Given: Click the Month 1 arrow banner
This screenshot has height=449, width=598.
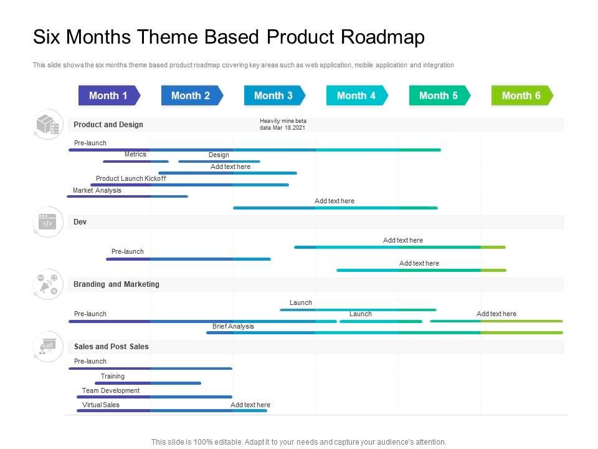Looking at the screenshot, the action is (110, 95).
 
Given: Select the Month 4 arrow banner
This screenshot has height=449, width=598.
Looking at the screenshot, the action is (358, 95).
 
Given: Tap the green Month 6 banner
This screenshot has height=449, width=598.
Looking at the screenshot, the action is (523, 95).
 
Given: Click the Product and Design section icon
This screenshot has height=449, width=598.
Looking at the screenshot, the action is (48, 125).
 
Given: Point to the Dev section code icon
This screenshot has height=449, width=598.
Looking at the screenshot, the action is (48, 222).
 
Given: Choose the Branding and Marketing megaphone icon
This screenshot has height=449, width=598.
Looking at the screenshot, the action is (48, 284).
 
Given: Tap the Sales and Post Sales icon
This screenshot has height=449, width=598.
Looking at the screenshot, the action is (48, 347).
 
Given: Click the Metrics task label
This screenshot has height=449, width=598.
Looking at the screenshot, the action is (135, 154).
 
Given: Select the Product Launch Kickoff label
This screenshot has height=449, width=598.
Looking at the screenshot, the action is (131, 178).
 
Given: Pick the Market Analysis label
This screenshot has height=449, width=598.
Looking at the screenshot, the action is (97, 190).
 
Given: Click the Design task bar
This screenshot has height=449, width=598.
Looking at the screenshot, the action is (219, 162).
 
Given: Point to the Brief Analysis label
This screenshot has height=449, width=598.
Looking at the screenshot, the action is (233, 326).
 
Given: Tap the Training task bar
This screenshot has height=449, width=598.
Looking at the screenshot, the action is (148, 383).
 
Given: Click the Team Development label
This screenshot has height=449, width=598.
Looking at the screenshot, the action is (111, 390).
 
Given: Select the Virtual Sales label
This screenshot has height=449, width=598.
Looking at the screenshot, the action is (101, 405).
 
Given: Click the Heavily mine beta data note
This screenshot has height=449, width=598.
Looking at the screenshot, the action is (283, 124).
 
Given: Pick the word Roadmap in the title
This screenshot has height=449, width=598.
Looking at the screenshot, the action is (382, 37).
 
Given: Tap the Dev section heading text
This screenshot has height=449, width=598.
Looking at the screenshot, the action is (80, 222).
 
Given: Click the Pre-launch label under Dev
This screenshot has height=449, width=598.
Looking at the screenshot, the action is (127, 251).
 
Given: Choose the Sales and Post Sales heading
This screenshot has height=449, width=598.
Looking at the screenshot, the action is (112, 347).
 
